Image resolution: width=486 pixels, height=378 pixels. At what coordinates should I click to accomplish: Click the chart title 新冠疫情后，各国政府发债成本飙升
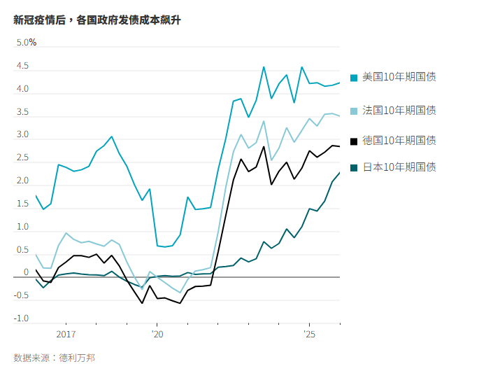coord(97,20)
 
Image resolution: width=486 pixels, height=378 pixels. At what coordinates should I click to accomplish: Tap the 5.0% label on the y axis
coord(27,43)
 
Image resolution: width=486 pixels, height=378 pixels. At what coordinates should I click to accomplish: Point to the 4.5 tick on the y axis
coord(23,66)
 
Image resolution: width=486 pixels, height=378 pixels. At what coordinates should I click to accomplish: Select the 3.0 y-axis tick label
coord(23,134)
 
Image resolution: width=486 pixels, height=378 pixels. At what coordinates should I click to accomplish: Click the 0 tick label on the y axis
coord(26,273)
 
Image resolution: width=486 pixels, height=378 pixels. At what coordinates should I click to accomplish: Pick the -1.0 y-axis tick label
coord(22,318)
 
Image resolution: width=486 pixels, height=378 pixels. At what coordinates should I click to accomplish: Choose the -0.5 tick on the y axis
coord(22,295)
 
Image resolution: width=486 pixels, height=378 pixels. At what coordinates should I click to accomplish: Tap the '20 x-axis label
coord(157,335)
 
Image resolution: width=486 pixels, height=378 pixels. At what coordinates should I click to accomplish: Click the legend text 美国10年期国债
coord(399,76)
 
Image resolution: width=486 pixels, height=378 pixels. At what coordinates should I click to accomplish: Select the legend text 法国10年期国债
coord(399,110)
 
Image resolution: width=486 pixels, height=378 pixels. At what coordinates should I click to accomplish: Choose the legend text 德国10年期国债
coord(399,140)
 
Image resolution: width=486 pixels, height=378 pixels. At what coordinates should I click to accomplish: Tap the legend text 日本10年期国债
coord(399,167)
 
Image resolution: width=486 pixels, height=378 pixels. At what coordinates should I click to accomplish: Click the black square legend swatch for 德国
coord(354,141)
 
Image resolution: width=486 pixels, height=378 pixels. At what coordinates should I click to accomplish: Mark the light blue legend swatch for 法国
coord(354,111)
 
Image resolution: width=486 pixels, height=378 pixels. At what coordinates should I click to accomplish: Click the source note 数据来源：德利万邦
coord(54,358)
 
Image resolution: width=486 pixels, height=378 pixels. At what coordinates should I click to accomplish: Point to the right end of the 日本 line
coord(340,173)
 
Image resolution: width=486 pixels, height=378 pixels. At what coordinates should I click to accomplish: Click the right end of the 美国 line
coord(340,83)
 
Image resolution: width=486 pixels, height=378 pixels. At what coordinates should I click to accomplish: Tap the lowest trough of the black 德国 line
coord(180,303)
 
